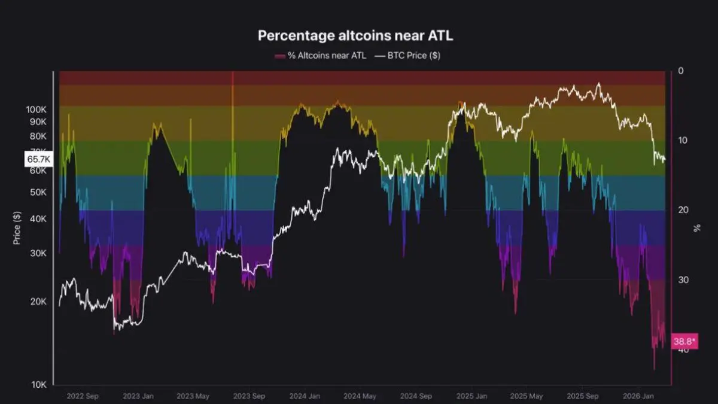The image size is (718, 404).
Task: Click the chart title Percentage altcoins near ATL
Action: click(x=355, y=35)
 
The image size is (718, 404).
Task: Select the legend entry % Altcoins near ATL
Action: click(x=321, y=56)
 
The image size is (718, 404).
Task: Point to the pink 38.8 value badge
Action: click(x=684, y=341)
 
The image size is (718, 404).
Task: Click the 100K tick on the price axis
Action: click(x=36, y=110)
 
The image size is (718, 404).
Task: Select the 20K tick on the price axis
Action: click(x=38, y=302)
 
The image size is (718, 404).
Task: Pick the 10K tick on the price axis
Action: click(x=38, y=384)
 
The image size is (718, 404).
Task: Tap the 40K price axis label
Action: click(x=38, y=219)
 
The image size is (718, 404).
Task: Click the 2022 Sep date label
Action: click(x=83, y=396)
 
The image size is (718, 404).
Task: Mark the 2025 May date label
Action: click(x=527, y=396)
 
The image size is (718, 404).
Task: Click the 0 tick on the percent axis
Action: click(x=681, y=71)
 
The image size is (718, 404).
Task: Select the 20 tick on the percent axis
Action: click(x=683, y=210)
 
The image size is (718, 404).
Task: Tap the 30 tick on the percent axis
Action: click(x=683, y=280)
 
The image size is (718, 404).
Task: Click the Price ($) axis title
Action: click(x=17, y=227)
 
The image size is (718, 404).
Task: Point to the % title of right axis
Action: click(x=697, y=227)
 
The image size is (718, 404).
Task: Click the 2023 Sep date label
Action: click(x=249, y=396)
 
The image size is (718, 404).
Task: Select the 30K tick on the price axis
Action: click(x=38, y=253)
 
